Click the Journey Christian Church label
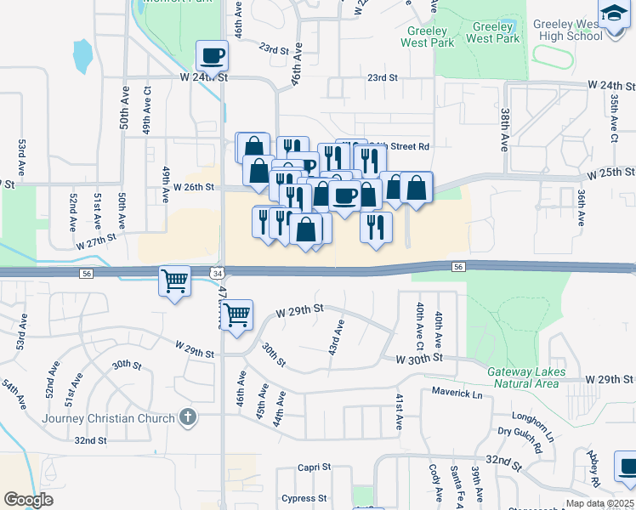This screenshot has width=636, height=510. (108, 417)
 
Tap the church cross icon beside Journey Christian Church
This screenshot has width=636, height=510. (189, 417)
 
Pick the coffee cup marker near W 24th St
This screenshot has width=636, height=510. (212, 57)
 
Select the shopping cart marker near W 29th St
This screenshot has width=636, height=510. (236, 314)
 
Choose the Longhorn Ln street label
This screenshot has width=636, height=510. (532, 416)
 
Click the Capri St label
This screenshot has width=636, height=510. (314, 467)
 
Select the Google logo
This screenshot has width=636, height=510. (28, 499)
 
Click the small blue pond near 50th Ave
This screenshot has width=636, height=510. (82, 56)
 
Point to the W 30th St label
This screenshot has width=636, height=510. (420, 359)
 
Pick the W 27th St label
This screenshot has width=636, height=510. (95, 242)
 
